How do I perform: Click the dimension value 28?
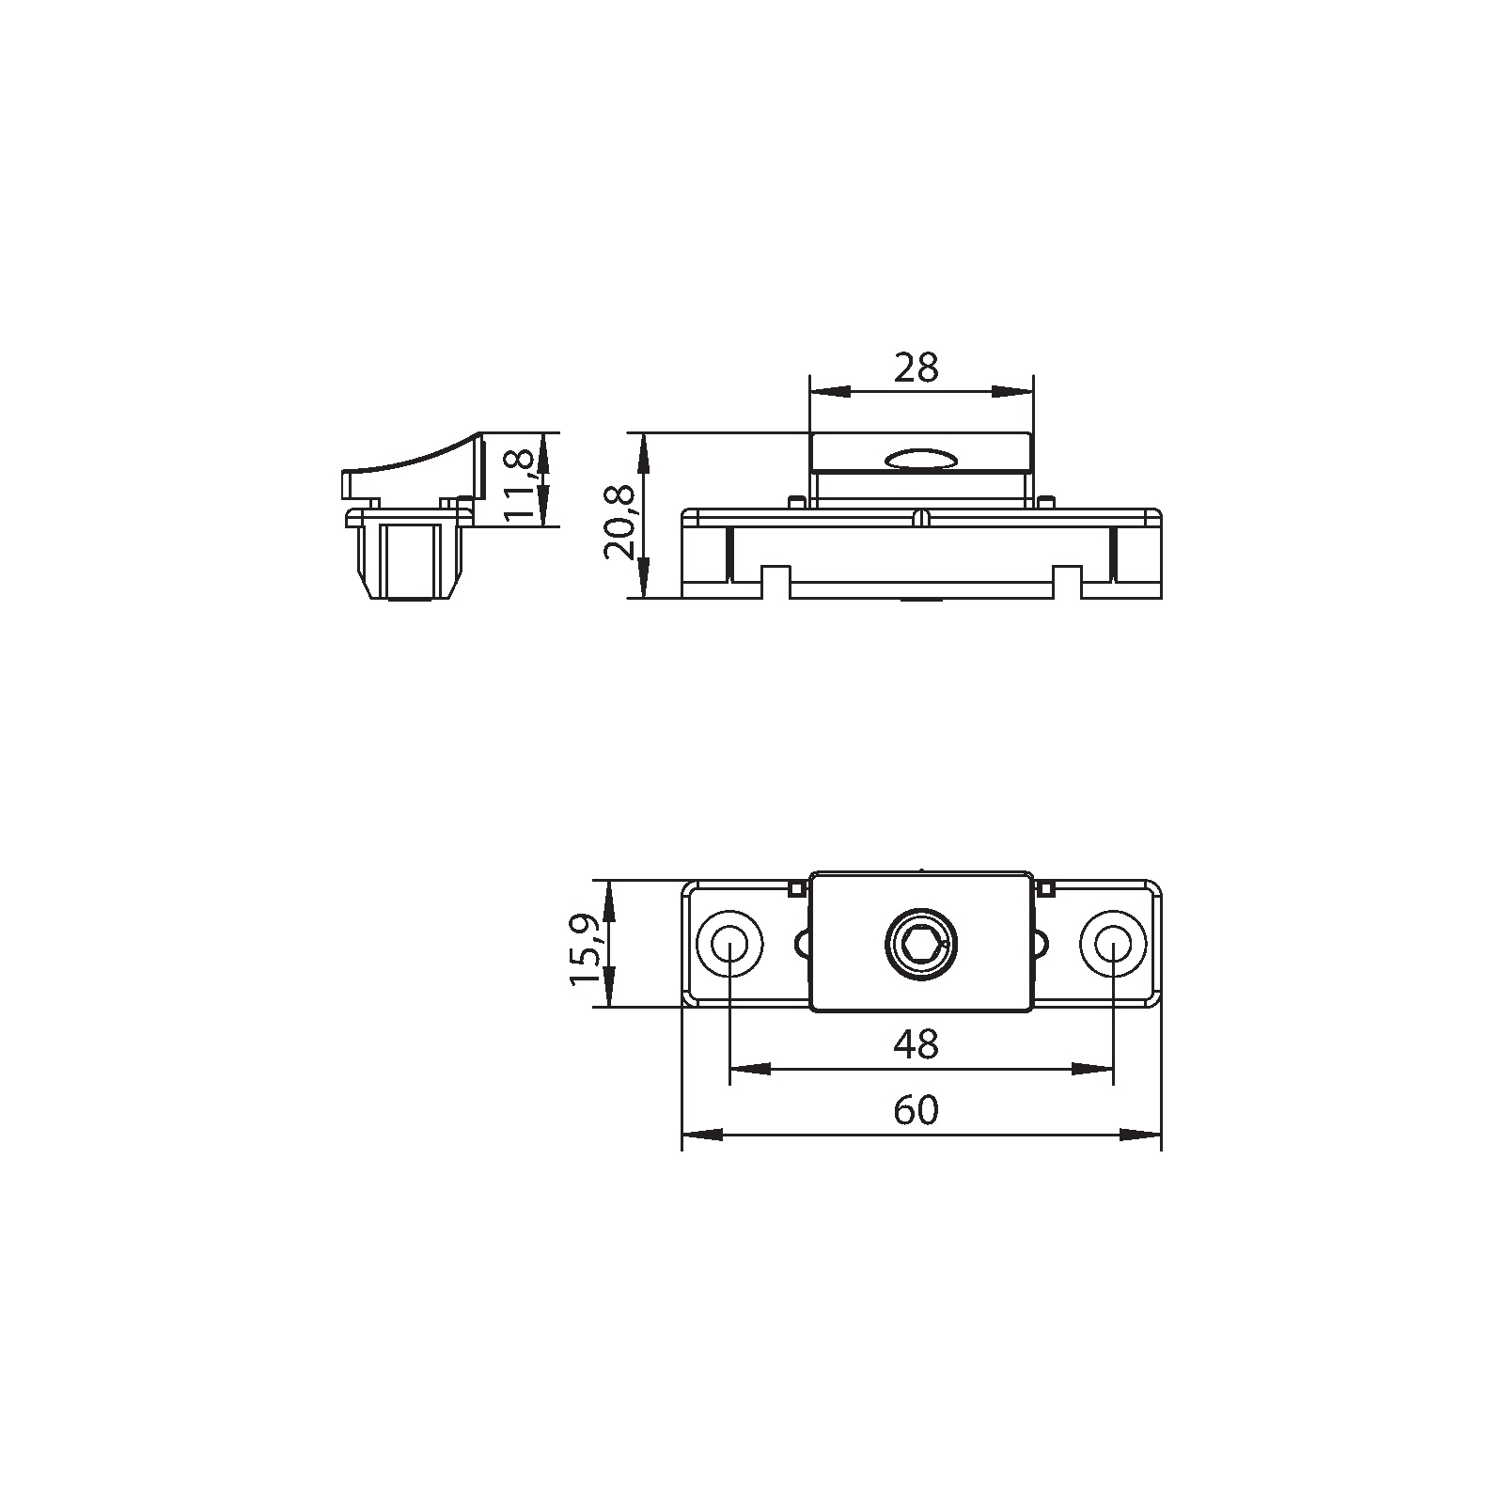click(x=916, y=368)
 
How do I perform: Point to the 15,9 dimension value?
click(x=585, y=950)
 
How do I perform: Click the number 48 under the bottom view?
click(x=916, y=1044)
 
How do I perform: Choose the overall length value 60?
click(x=916, y=1110)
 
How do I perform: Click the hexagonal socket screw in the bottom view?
click(x=920, y=943)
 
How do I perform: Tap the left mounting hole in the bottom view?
click(x=728, y=943)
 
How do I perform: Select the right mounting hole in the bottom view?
click(x=1112, y=943)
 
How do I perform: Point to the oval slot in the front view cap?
click(x=920, y=459)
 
